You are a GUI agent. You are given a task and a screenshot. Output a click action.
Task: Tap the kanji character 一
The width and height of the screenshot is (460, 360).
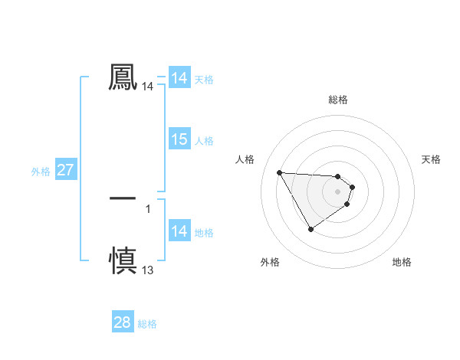123,198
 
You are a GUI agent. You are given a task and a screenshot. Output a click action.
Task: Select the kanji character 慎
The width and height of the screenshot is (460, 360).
123,260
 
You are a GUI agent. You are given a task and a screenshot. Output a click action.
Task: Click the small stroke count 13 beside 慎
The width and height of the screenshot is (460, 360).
148,270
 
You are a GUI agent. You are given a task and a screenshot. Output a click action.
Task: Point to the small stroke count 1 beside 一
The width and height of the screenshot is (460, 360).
148,208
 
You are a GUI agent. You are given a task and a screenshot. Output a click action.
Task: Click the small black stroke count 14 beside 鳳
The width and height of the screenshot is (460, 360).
148,87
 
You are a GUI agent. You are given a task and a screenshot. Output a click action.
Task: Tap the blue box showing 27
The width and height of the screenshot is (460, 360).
66,170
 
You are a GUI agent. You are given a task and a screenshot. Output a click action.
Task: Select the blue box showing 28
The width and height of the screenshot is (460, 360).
123,322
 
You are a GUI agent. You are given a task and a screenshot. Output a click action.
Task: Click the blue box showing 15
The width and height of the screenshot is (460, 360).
179,139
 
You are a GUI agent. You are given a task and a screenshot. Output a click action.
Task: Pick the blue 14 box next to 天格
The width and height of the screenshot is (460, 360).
179,78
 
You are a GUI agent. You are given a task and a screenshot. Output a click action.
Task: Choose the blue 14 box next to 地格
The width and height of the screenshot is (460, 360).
179,231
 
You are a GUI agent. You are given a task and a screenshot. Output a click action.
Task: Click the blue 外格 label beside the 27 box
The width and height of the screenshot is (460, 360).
41,172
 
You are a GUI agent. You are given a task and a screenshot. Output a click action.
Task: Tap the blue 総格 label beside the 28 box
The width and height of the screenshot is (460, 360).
147,324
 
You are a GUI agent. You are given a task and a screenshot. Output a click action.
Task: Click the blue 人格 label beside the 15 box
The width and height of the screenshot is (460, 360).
204,141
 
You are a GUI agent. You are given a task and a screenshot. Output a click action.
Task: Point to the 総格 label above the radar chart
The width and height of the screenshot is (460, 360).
338,100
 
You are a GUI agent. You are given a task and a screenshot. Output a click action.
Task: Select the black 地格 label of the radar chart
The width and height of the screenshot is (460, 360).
402,263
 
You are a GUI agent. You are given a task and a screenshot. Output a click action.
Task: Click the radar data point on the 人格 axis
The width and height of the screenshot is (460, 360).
279,172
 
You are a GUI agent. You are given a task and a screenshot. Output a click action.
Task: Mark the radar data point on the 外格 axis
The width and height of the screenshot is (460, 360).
310,229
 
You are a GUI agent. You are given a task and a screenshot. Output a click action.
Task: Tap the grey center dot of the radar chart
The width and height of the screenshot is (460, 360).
338,191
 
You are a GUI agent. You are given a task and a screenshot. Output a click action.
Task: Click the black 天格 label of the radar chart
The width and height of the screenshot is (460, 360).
432,159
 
